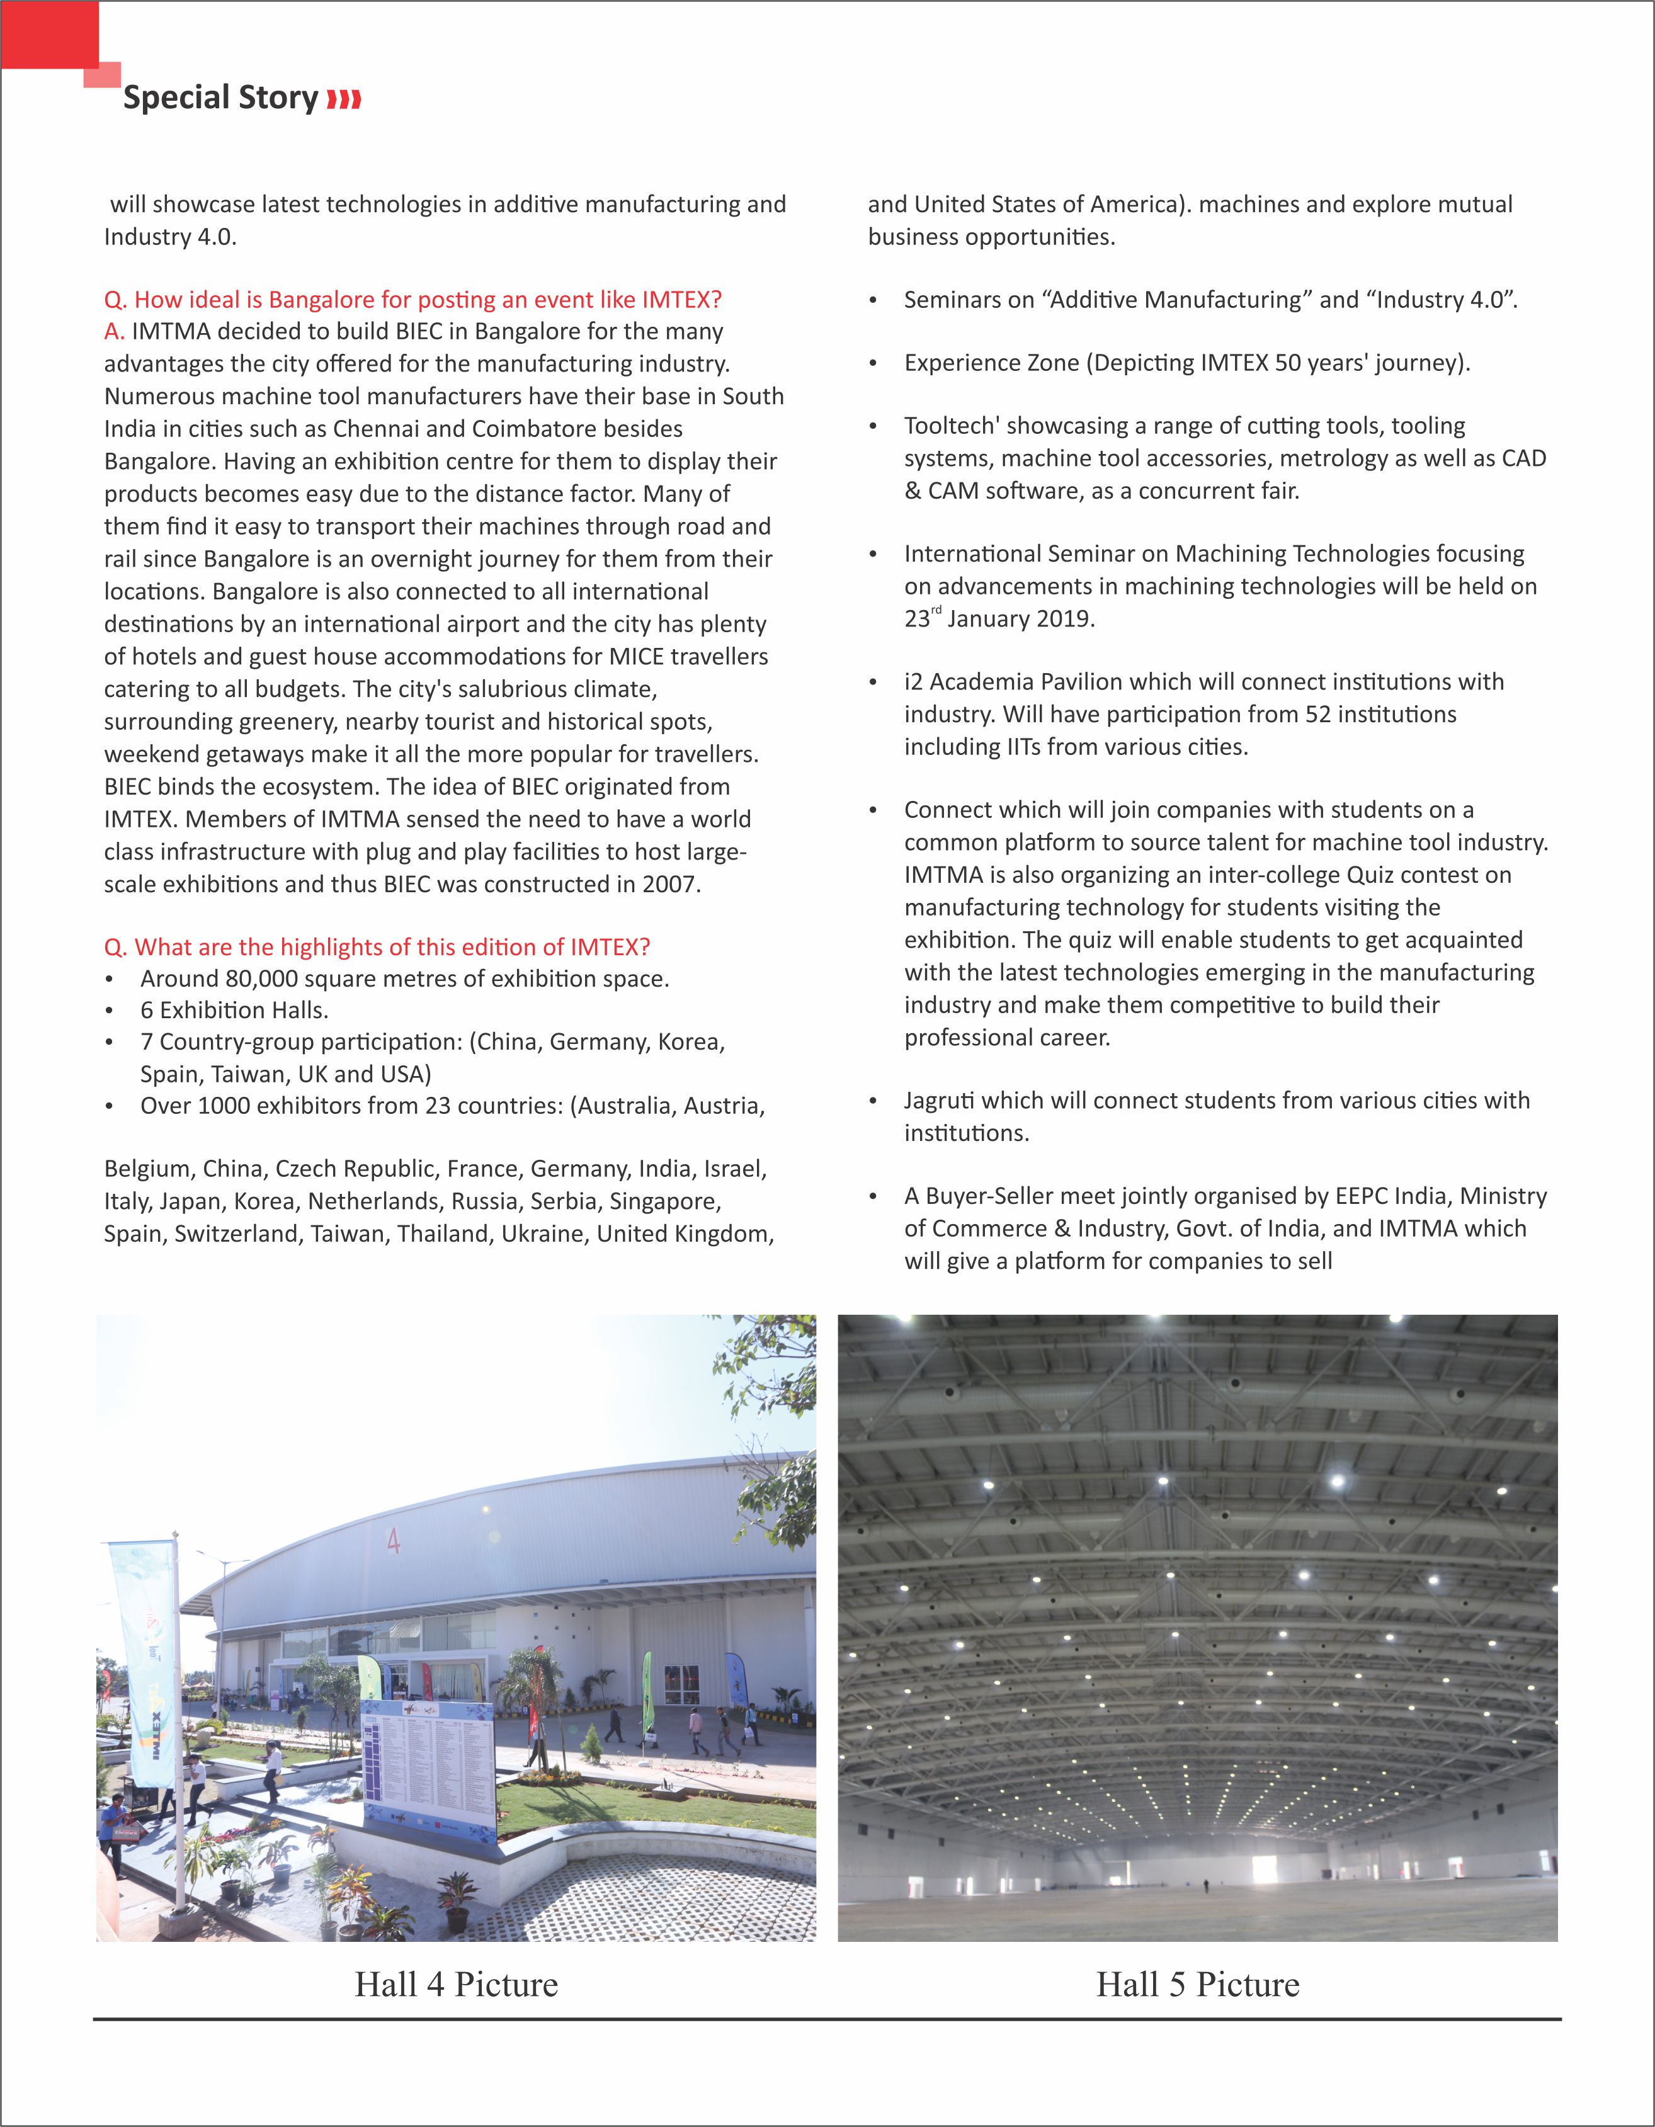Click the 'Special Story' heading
coord(220,98)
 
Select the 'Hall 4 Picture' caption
coord(456,1985)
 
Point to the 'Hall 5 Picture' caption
coord(1197,1985)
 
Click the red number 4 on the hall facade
coord(394,1541)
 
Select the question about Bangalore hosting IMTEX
coord(413,299)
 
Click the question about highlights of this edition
coord(377,946)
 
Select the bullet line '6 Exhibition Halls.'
coord(234,1011)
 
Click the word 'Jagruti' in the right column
coord(939,1101)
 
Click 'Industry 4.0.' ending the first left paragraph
coord(171,237)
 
